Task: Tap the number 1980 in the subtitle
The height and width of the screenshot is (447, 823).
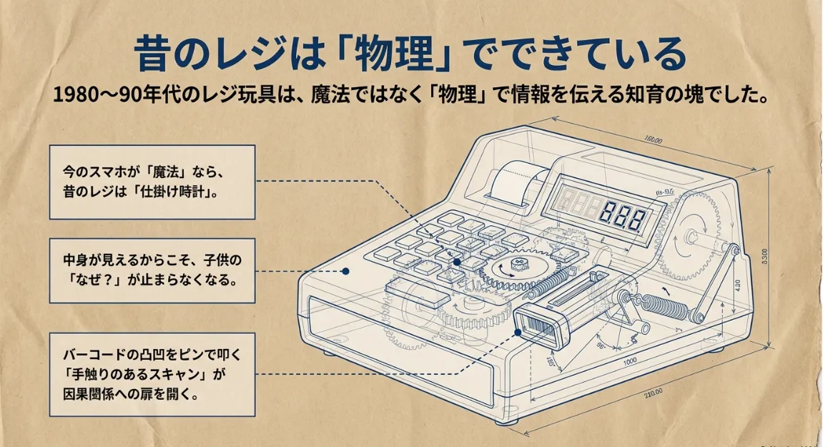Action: (76, 96)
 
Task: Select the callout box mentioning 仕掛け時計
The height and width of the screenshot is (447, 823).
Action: (152, 182)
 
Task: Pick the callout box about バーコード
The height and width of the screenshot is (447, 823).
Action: (152, 373)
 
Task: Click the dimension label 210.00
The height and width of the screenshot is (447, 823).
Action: (652, 392)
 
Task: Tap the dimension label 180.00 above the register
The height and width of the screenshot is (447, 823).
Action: (653, 140)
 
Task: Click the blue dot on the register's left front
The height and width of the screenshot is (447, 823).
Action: (345, 272)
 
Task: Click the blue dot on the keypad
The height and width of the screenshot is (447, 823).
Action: (457, 262)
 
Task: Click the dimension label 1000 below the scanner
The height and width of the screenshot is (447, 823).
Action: (629, 362)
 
